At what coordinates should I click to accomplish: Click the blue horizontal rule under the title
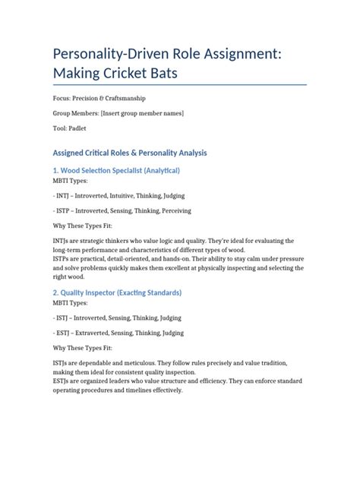point(178,84)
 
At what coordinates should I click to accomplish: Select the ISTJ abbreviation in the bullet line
point(63,318)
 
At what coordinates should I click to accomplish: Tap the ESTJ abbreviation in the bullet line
point(63,333)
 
